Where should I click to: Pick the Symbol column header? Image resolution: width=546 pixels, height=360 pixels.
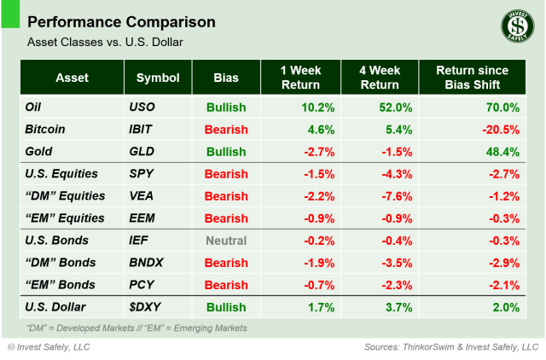tap(157, 78)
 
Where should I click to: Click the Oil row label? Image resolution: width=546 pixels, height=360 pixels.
tap(37, 107)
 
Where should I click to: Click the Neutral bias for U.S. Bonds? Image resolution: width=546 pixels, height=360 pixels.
tap(226, 241)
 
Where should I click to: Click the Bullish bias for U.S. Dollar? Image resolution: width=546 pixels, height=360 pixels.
tap(226, 307)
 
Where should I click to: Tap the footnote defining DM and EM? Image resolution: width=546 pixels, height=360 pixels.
tap(136, 328)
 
